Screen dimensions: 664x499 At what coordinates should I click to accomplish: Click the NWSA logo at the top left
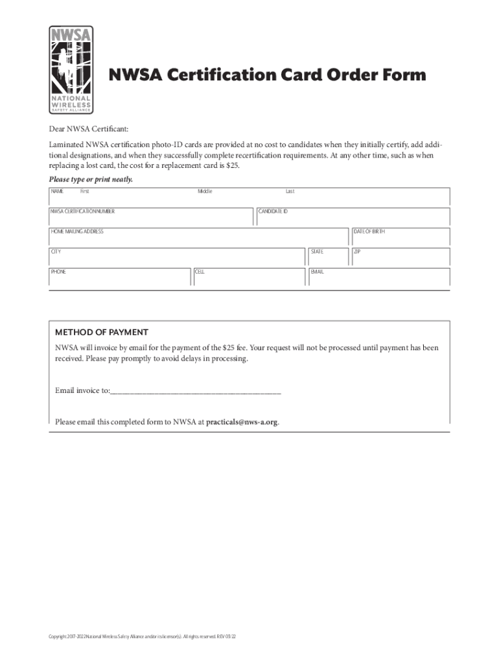point(71,70)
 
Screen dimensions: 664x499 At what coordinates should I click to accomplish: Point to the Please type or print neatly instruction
point(91,179)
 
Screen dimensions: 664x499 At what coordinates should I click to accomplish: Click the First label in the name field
point(84,191)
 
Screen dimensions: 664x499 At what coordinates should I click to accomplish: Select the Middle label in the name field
point(205,191)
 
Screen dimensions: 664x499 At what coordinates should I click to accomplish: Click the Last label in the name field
point(290,191)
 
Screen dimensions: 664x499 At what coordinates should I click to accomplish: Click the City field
point(176,257)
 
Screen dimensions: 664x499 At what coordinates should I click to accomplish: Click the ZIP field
point(400,257)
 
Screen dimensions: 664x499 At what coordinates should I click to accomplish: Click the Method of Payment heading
point(102,332)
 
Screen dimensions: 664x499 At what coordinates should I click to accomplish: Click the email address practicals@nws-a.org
point(242,421)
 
